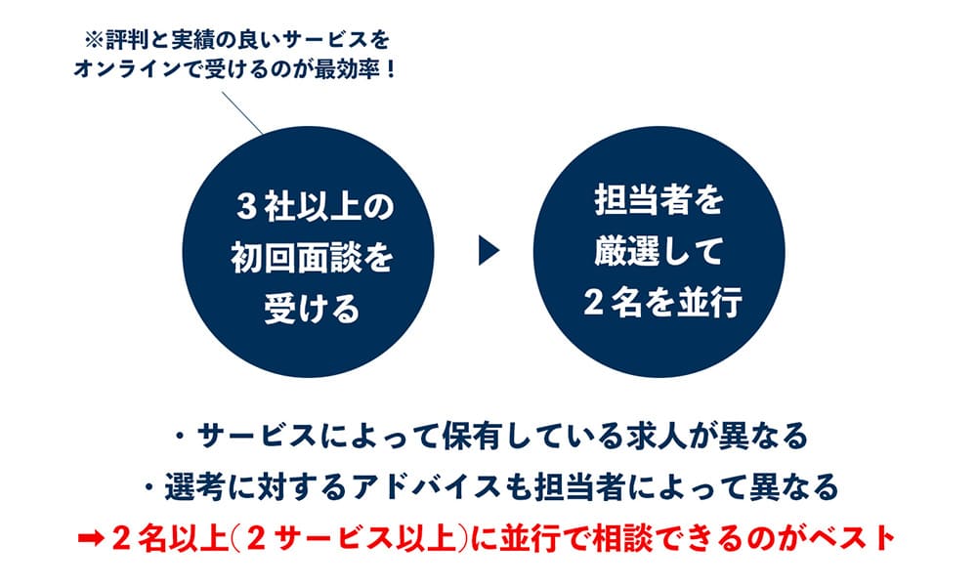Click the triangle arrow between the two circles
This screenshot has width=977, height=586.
pyautogui.click(x=488, y=253)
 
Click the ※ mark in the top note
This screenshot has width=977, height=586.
pyautogui.click(x=96, y=42)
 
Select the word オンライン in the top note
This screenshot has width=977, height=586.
pyautogui.click(x=133, y=72)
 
